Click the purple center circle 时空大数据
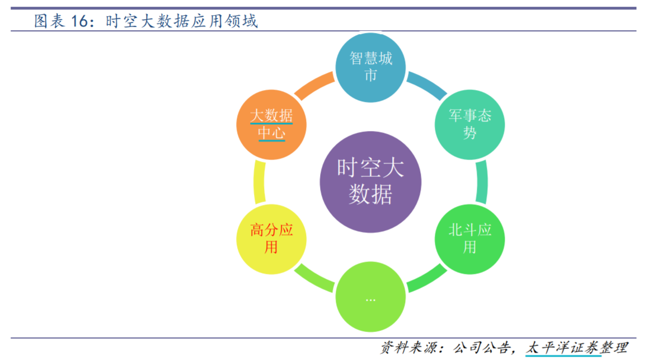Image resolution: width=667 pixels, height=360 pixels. click(370, 182)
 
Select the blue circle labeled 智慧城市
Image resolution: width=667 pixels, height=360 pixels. click(370, 67)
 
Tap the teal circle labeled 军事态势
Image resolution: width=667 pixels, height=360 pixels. click(469, 125)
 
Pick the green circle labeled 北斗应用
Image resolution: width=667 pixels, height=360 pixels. click(469, 239)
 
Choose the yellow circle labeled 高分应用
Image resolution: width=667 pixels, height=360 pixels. click(271, 239)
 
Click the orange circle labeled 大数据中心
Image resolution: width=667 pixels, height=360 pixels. click(271, 125)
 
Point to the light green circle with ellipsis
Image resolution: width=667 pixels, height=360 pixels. click(370, 297)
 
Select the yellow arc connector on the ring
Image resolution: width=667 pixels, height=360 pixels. click(259, 182)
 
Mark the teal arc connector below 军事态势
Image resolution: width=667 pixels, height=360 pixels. click(482, 182)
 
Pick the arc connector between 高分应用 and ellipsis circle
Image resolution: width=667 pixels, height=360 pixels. click(314, 279)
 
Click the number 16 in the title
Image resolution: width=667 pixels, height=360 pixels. click(79, 21)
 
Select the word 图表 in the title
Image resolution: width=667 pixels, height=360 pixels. click(49, 21)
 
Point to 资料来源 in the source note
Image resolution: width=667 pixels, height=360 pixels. click(408, 348)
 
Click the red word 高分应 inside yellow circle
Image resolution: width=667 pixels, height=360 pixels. click(271, 230)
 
